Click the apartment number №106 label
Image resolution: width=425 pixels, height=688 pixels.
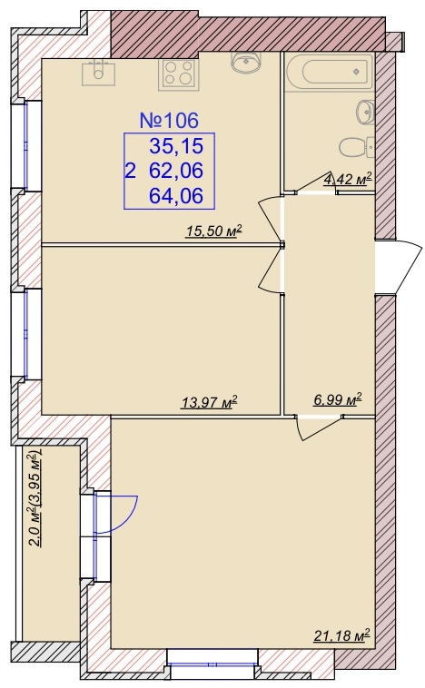169,120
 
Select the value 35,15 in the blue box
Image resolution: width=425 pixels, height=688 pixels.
176,145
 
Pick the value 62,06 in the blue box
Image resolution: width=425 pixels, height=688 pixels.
176,171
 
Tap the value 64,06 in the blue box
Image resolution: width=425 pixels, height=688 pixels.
176,195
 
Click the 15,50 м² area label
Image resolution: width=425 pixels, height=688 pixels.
214,231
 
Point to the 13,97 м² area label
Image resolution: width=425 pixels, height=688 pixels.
209,401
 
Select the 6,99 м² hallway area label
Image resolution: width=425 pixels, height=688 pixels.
337,399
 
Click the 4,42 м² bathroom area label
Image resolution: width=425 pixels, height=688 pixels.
348,179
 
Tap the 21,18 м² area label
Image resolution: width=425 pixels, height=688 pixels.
342,635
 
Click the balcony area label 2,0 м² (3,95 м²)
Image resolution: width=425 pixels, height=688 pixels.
35,497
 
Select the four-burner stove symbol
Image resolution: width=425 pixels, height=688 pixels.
179,73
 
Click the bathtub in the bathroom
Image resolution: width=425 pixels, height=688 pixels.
331,72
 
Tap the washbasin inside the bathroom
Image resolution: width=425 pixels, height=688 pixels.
365,112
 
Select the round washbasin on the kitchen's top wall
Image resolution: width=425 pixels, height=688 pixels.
246,62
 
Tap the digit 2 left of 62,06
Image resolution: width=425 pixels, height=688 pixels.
130,171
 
